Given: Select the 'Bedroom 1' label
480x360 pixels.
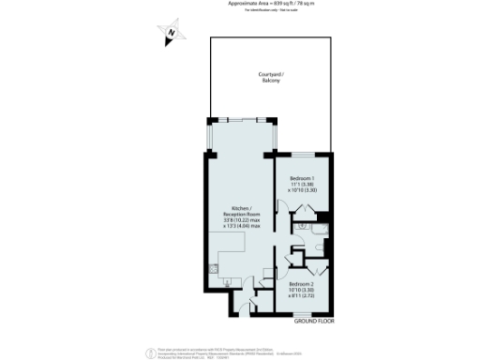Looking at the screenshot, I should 302,178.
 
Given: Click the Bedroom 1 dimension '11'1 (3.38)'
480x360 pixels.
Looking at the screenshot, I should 302,185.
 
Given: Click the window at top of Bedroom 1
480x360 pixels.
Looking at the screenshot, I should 304,154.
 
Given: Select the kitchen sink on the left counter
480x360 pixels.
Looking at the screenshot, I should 213,268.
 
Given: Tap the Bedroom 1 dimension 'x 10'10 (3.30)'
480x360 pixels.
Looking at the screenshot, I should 302,191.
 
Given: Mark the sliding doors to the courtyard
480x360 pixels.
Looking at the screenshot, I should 241,119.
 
